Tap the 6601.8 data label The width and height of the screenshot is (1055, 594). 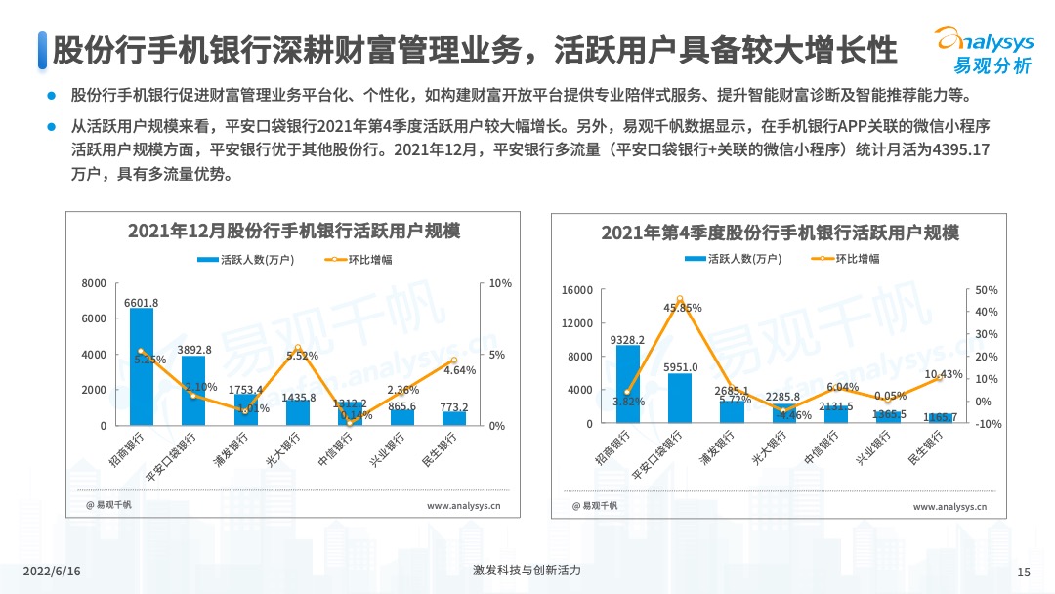click(x=142, y=302)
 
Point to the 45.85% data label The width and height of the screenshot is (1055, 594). click(x=683, y=308)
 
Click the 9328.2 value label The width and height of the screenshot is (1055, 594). click(x=627, y=340)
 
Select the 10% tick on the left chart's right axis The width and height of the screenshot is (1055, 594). click(x=500, y=283)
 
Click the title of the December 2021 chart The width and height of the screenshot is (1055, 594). click(x=294, y=232)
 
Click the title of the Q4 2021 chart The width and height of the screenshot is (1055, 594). click(x=780, y=233)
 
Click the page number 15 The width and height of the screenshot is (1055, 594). click(x=1024, y=572)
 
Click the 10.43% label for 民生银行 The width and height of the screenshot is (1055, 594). click(x=943, y=374)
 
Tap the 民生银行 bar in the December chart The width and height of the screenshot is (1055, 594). click(x=453, y=418)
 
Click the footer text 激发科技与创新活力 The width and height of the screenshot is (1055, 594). click(x=527, y=571)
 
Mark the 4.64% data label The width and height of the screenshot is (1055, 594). click(x=459, y=370)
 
